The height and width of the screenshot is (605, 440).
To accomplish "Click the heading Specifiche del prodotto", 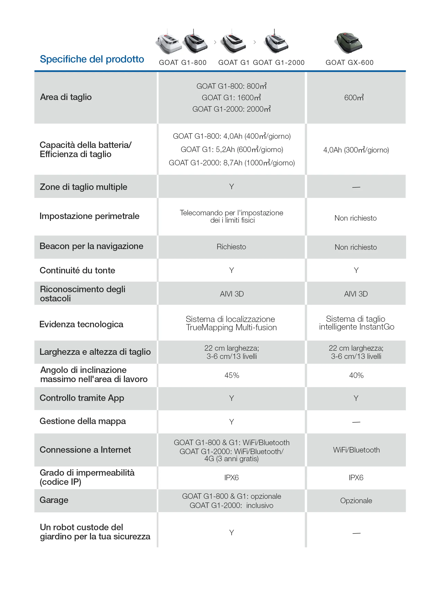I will pos(92,59).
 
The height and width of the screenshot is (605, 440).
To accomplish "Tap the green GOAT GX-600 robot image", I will pos(349,43).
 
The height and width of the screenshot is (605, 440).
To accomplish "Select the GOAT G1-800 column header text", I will pos(183,63).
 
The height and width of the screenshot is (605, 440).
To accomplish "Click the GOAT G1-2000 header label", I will pos(278,63).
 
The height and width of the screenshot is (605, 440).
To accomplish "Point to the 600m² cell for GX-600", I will pos(354,98).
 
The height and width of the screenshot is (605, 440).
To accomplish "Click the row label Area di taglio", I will pos(66,97).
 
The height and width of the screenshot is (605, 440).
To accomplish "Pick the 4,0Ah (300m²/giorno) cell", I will pos(356,150).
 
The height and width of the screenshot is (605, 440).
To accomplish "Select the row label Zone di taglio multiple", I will pos(83,187).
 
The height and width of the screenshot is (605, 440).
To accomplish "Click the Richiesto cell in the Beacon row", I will pos(231,247).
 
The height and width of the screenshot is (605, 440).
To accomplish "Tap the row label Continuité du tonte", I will pos(77,270).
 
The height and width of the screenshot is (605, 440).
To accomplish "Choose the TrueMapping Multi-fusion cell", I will pos(231,323).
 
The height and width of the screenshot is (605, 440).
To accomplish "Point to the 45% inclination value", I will pos(232,375).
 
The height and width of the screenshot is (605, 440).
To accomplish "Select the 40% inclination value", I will pos(356,375).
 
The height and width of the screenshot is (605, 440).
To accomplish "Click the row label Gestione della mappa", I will pos(83,421).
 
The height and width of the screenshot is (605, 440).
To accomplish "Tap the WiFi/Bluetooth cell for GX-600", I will pos(356,450).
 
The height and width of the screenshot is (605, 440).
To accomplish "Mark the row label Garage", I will pos(54,500).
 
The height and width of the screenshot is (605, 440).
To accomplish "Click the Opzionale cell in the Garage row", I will pos(356,501).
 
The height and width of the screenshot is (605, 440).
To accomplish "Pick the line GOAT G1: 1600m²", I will pos(231,98).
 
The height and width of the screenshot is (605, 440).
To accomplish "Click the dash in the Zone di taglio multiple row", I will pos(356,187).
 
